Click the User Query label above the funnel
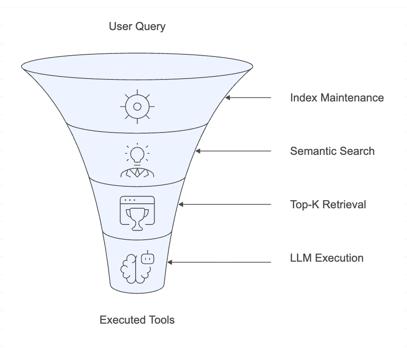(137, 26)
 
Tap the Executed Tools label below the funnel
(137, 320)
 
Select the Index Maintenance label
(337, 98)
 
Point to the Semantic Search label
(332, 151)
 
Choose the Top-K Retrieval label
(328, 204)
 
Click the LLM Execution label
(327, 258)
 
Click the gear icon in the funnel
(137, 106)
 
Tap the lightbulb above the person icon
(137, 154)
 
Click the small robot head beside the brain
(148, 258)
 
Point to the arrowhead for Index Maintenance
(228, 98)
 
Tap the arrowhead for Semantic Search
(198, 151)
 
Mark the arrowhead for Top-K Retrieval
(181, 204)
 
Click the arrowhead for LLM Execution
(170, 262)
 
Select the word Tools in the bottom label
(161, 320)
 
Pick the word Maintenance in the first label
(352, 98)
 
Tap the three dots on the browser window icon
(130, 200)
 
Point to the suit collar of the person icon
(137, 172)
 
